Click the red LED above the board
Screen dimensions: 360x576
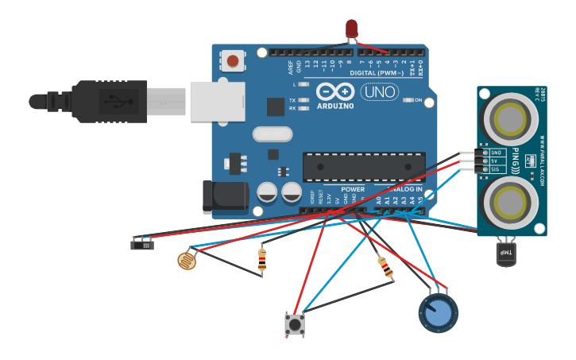[x=351, y=29]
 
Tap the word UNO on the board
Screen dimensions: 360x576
[x=380, y=92]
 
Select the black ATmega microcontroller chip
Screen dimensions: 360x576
[x=364, y=167]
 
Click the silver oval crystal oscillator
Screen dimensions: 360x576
[x=273, y=134]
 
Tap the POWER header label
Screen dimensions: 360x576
[x=353, y=189]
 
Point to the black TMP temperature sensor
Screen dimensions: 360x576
[x=505, y=253]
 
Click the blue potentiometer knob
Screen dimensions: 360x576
[x=438, y=313]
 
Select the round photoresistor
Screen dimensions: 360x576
[x=186, y=260]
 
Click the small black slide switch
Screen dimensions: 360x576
[x=143, y=243]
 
